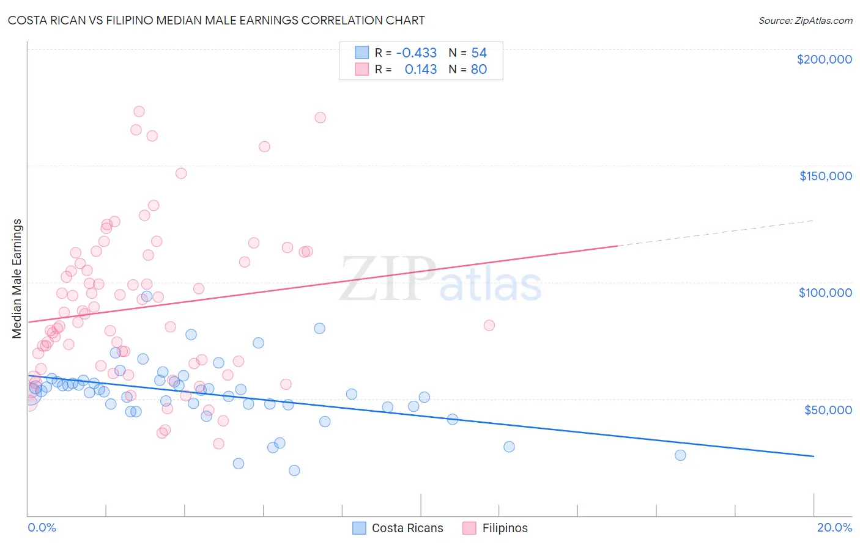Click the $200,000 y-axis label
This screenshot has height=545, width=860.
[824, 59]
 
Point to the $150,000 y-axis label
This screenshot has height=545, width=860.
[825, 176]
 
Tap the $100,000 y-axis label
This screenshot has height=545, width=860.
[825, 293]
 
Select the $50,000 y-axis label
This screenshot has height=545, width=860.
[828, 409]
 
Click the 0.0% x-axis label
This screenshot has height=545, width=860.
[42, 527]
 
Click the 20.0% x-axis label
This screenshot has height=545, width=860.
[834, 527]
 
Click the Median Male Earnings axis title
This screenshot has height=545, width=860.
[17, 279]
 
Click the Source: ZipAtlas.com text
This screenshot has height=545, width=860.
[805, 21]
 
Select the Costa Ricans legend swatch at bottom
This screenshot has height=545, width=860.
[359, 528]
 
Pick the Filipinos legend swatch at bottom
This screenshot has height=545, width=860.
[469, 528]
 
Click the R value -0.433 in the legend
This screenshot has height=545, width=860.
[417, 53]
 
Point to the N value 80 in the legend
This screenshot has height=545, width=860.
[479, 70]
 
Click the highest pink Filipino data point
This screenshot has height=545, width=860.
[139, 111]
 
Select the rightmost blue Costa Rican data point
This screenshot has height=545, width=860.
[680, 455]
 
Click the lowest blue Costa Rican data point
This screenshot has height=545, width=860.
[294, 470]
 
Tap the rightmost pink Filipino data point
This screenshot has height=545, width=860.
[489, 325]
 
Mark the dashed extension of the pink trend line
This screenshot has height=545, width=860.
[716, 232]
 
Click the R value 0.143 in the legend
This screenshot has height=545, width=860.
[421, 70]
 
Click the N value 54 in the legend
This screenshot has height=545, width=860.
[479, 53]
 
